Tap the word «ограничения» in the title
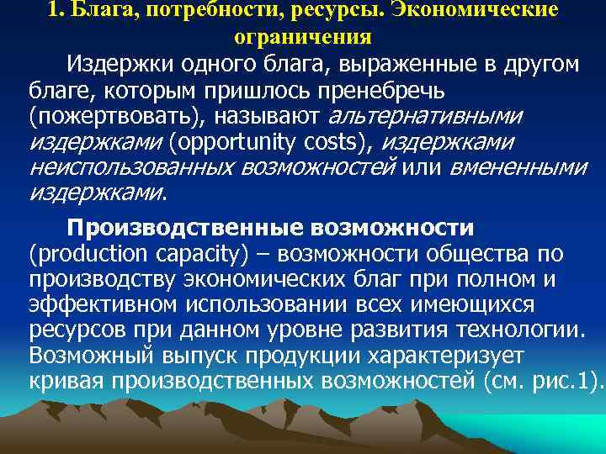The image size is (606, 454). click(303, 38)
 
